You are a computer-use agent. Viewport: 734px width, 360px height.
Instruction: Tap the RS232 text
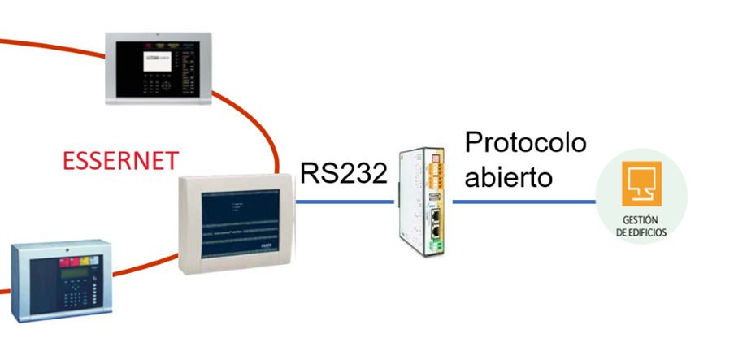[x=342, y=173]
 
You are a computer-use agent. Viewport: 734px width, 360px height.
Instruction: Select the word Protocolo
[x=525, y=142]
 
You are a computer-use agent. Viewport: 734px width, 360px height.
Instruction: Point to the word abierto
[x=503, y=177]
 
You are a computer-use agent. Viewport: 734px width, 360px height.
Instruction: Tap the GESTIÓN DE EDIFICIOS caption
[x=641, y=226]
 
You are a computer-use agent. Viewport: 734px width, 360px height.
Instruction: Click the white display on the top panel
[x=159, y=60]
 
